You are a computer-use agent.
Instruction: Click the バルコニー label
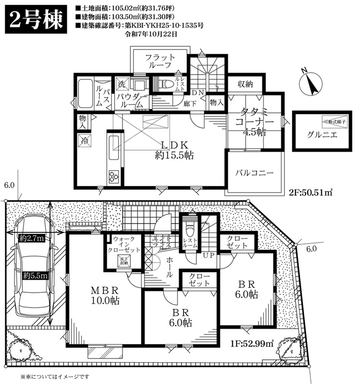(x=254, y=172)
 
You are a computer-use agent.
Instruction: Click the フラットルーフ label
(x=160, y=62)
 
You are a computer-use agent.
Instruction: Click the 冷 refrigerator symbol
(x=82, y=141)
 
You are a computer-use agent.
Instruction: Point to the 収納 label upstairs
(x=245, y=84)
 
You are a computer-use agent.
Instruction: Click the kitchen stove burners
(x=114, y=176)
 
